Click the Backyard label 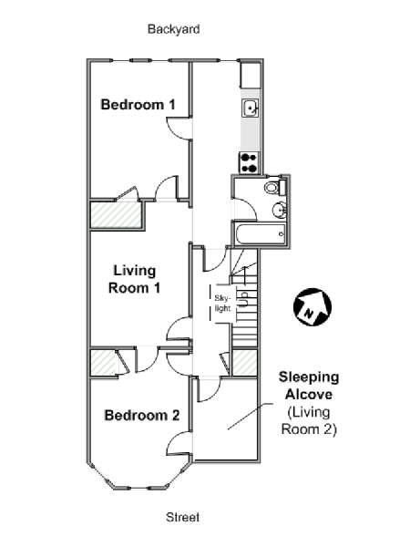[174, 29]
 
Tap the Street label [183, 517]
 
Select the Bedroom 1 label [138, 104]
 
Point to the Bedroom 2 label [142, 415]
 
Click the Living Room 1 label [135, 280]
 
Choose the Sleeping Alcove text [309, 386]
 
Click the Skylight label [222, 304]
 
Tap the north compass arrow [312, 306]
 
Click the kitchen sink [251, 108]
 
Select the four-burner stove [250, 163]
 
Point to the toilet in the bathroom [275, 187]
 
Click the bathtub [260, 233]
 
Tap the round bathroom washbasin [279, 210]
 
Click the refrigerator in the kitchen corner [251, 75]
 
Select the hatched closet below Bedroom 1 [116, 214]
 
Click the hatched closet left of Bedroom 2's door [104, 362]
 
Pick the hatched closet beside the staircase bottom [245, 362]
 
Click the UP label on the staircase [243, 299]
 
